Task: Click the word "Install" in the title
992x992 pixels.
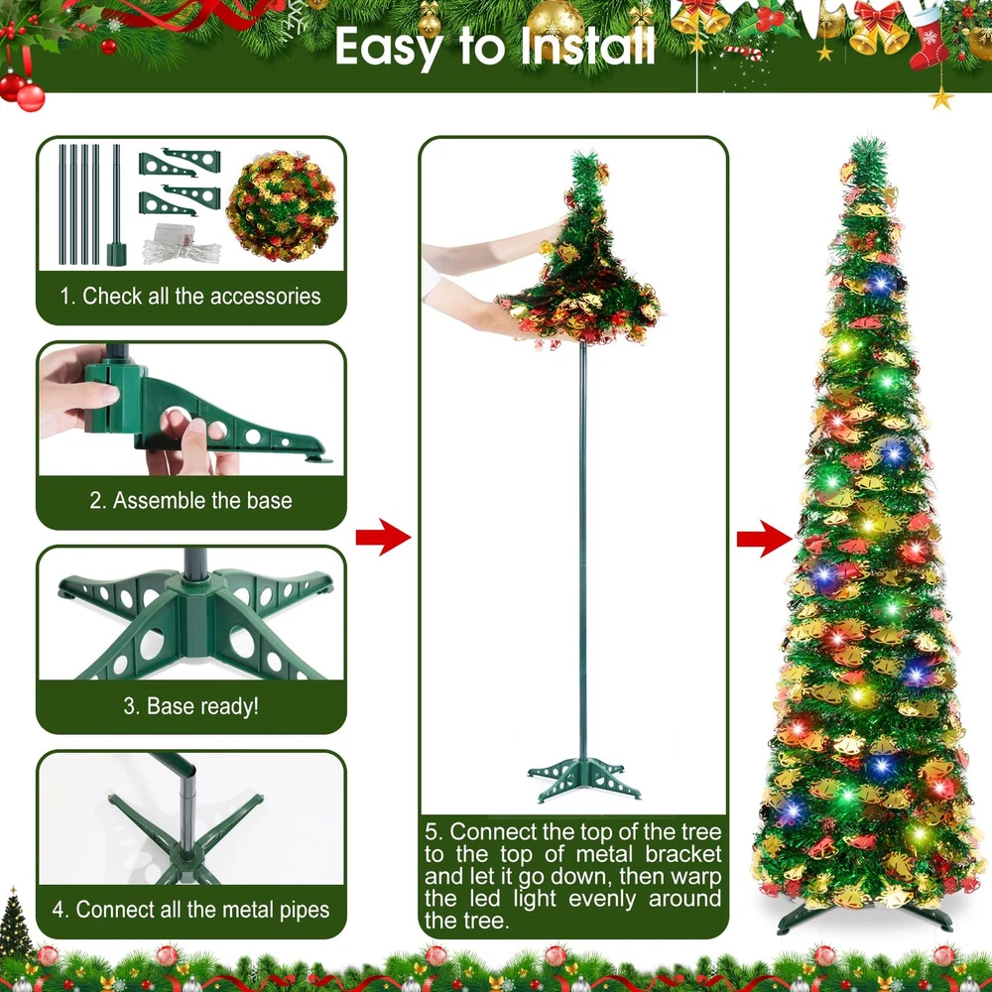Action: pyautogui.click(x=588, y=46)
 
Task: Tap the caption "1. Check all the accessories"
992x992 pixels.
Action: pyautogui.click(x=190, y=296)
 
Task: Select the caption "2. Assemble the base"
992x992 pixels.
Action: pyautogui.click(x=190, y=500)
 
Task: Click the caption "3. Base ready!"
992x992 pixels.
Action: pyautogui.click(x=191, y=705)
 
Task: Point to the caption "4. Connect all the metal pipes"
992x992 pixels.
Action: pyautogui.click(x=190, y=910)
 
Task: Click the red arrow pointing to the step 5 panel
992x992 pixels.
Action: pyautogui.click(x=383, y=537)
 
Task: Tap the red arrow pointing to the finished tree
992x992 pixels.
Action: pyautogui.click(x=764, y=539)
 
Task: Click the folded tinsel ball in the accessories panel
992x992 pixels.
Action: pyautogui.click(x=282, y=206)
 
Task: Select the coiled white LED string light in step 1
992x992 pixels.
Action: pyautogui.click(x=183, y=245)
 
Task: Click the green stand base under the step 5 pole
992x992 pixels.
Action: pyautogui.click(x=582, y=778)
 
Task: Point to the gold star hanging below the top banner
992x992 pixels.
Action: pyautogui.click(x=941, y=98)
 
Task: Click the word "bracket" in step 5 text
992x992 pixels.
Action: pyautogui.click(x=682, y=854)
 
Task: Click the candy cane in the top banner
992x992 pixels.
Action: pyautogui.click(x=743, y=53)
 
